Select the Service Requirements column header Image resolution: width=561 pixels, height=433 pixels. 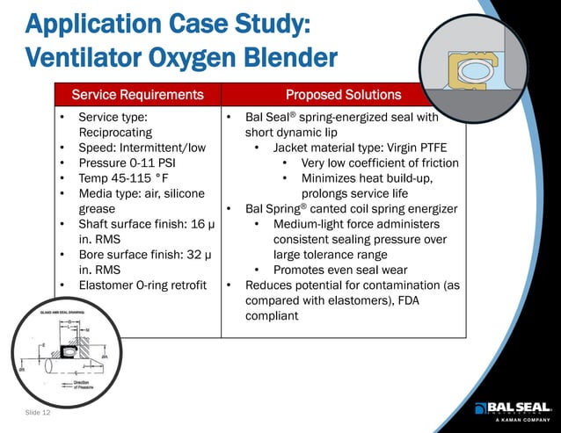[x=137, y=94]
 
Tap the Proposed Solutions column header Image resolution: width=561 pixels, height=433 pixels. [x=343, y=94]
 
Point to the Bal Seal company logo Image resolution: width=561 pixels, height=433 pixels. [x=513, y=408]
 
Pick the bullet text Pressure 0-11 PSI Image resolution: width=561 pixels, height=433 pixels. [x=133, y=163]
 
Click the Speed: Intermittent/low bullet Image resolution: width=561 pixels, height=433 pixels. [x=142, y=148]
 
